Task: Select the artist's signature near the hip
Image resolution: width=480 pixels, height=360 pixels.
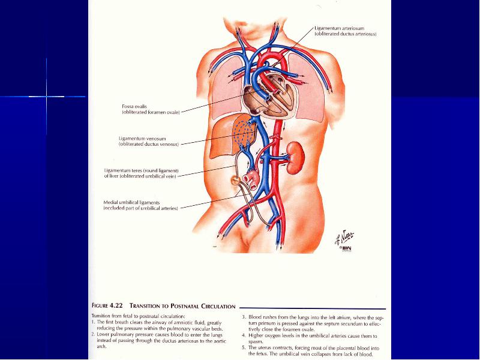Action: [x=344, y=238]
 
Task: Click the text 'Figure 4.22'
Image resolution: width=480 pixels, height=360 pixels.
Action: [x=107, y=305]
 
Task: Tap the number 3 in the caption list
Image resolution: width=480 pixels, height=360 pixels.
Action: [x=244, y=317]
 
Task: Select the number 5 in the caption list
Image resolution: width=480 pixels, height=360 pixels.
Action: [x=244, y=348]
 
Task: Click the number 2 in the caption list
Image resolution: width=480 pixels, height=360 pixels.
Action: [x=94, y=335]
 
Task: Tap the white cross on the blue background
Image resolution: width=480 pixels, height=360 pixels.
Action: [x=47, y=97]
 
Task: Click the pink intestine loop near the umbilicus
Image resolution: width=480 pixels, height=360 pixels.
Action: [x=251, y=178]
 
